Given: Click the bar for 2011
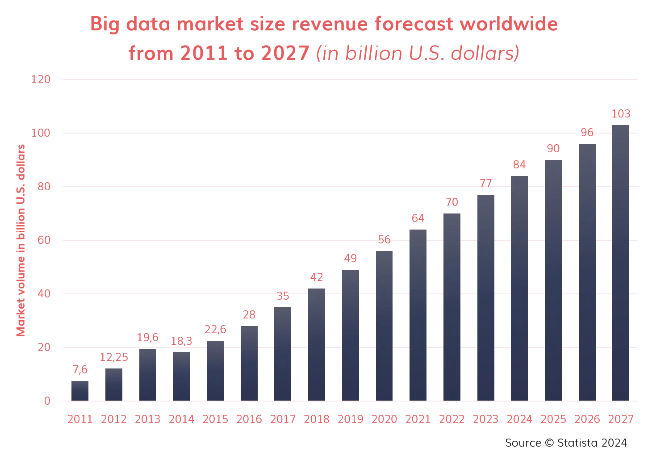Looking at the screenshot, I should point(80,390).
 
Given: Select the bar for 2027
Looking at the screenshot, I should point(621,263).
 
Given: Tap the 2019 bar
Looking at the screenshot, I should point(350,335).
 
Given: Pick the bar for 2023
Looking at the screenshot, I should point(486,297).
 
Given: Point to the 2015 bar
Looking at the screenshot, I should point(214,370).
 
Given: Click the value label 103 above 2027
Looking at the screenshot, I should point(621,114).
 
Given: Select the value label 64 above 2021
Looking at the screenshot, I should point(418,219).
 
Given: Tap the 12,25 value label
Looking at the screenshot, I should point(114,357).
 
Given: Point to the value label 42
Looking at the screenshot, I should point(316,277).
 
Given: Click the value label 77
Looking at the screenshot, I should point(486,184).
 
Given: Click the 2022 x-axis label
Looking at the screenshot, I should point(452,420).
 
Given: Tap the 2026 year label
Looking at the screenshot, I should point(587,420).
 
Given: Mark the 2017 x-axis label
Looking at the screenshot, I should point(282,420).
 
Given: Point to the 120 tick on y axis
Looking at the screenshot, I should point(41,80).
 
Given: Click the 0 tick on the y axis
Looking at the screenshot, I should point(46,402).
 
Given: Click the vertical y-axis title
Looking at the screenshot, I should point(21,241).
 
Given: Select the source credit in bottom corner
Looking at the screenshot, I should point(566,441).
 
